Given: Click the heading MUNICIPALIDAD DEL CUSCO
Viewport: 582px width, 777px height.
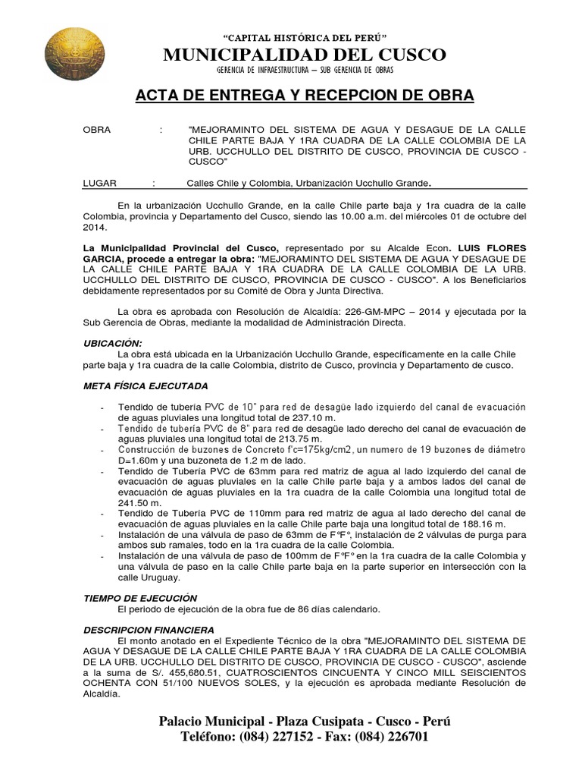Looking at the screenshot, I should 305,55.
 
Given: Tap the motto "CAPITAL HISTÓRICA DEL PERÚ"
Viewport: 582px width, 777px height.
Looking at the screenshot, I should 305,37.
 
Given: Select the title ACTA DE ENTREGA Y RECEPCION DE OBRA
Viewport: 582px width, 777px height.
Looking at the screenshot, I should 305,96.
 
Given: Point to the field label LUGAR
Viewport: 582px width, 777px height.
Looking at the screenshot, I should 98,183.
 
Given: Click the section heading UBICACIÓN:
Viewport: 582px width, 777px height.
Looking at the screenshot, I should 112,343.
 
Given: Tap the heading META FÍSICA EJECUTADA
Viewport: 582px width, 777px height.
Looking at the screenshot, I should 145,385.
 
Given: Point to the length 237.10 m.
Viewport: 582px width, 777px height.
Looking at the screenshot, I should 313,417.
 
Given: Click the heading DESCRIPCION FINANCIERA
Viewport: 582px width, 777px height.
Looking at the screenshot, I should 149,630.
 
